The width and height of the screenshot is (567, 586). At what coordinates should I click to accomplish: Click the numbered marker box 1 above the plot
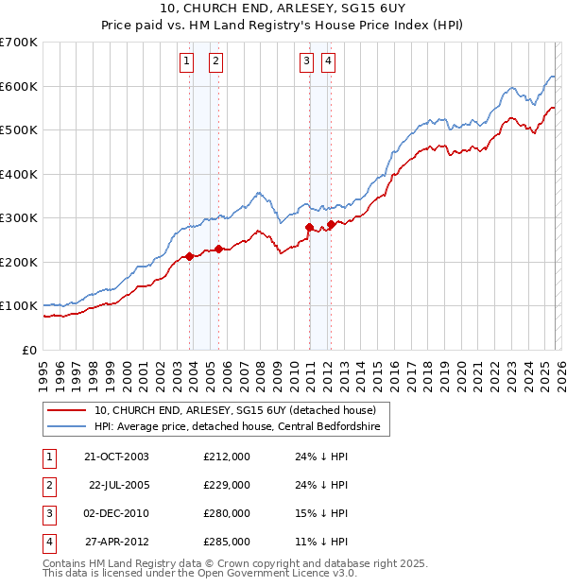pos(186,62)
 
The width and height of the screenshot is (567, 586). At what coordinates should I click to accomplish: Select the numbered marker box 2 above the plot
pos(215,62)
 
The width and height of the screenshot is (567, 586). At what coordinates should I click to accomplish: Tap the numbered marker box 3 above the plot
pos(307,62)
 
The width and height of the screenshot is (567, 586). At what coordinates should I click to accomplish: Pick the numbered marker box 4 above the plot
pos(328,62)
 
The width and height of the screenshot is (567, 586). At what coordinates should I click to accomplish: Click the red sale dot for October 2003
pos(190,256)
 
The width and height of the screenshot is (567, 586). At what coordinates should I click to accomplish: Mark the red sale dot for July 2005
pos(218,249)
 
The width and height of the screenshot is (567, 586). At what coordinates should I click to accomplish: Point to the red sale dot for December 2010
pos(309,227)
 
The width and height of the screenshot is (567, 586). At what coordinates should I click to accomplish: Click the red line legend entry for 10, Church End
pos(235,410)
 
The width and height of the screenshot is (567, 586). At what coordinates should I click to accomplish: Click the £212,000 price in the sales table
pos(227,457)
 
